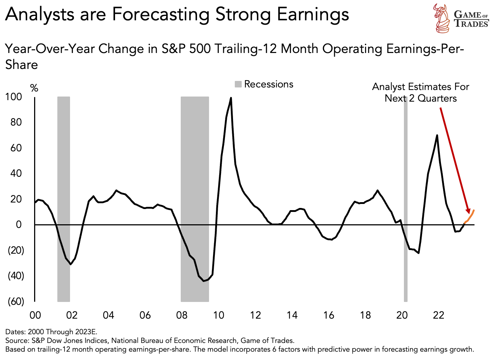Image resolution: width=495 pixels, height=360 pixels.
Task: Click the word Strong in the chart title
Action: coord(243,15)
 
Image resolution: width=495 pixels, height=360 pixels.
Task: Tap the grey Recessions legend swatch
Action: coord(238,84)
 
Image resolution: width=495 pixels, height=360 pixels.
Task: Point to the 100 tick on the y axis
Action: coord(13,97)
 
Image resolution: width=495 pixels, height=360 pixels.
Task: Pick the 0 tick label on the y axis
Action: coord(18,225)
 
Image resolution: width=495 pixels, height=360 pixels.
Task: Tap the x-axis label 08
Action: coord(182,315)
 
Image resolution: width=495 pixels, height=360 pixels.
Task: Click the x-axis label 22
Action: coord(438,315)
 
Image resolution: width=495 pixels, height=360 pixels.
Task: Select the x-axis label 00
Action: coord(35,315)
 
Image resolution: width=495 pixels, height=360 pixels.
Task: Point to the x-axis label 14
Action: coord(292,315)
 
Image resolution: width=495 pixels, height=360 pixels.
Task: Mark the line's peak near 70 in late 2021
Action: coord(437,135)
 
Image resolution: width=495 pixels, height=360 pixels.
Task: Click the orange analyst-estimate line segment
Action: coord(470,217)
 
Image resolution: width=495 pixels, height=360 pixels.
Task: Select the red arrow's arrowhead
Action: coord(468,211)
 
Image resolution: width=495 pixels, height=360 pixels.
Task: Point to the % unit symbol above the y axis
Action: coord(34,88)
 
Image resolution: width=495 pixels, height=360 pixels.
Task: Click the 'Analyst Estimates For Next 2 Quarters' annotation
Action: coord(421,93)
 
